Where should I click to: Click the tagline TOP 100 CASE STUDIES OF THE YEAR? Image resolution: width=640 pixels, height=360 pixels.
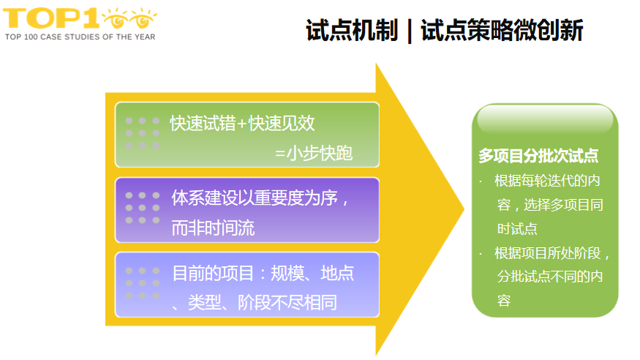(80, 36)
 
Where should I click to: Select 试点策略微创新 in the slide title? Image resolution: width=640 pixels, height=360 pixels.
(501, 30)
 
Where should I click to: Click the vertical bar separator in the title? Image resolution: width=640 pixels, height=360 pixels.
(410, 31)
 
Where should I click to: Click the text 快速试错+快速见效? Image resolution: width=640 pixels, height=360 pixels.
(242, 124)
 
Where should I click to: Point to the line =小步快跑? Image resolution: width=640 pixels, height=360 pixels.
(314, 154)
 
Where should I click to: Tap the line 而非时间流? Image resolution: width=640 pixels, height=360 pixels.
(213, 228)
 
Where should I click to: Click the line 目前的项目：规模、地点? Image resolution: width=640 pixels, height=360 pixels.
(263, 273)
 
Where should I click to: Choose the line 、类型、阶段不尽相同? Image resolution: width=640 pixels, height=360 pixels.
(254, 302)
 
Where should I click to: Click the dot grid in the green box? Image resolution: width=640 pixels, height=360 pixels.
(142, 133)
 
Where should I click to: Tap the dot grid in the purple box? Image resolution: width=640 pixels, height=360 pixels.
(142, 208)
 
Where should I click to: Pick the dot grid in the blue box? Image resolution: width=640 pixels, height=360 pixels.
(142, 283)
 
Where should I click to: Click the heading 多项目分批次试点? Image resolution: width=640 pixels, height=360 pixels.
(538, 156)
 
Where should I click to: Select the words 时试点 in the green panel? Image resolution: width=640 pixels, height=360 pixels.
(517, 229)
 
